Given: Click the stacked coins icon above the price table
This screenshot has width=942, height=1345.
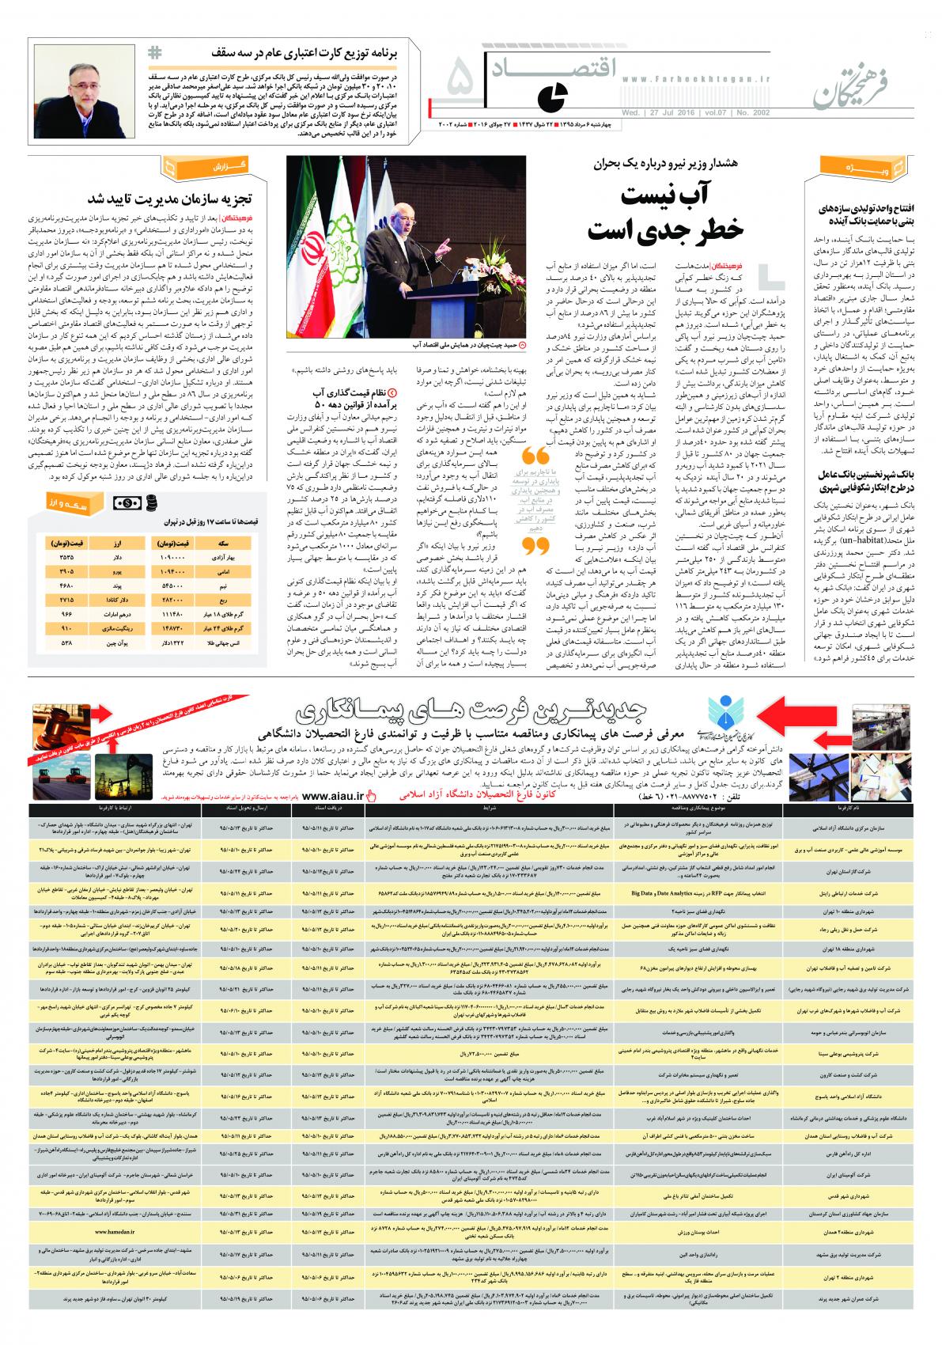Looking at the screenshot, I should pos(149,503).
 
